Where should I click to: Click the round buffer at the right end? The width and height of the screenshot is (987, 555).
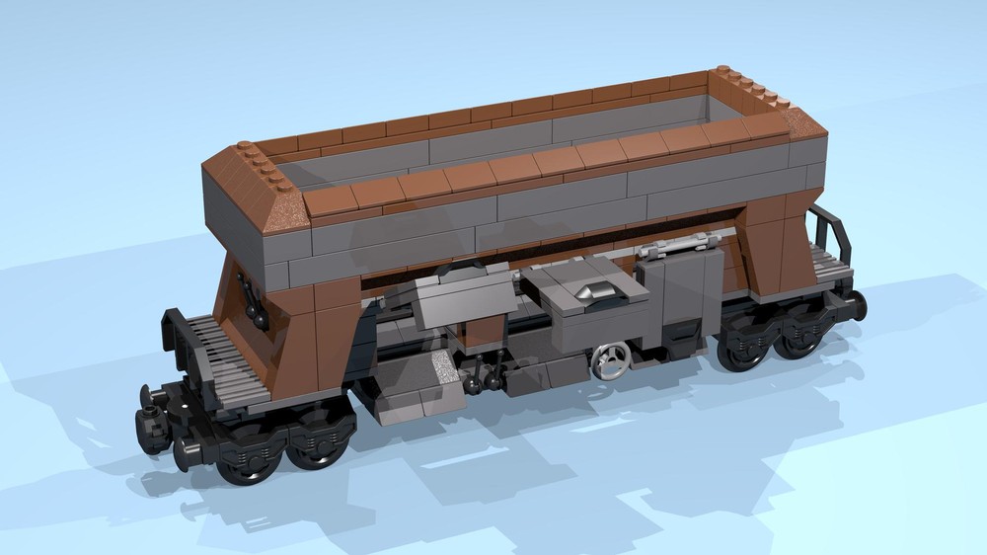[857, 304]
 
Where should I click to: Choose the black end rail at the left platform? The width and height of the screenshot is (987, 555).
[179, 342]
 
